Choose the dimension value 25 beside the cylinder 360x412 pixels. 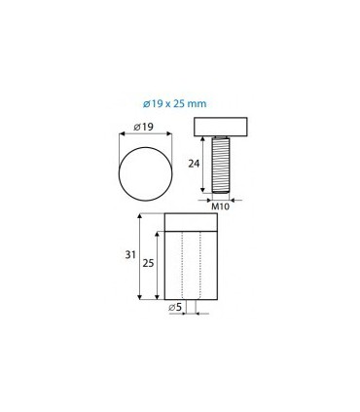pos(148,264)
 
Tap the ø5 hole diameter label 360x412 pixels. pos(173,309)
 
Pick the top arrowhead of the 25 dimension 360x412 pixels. pos(159,233)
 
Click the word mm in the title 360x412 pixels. pos(204,100)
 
